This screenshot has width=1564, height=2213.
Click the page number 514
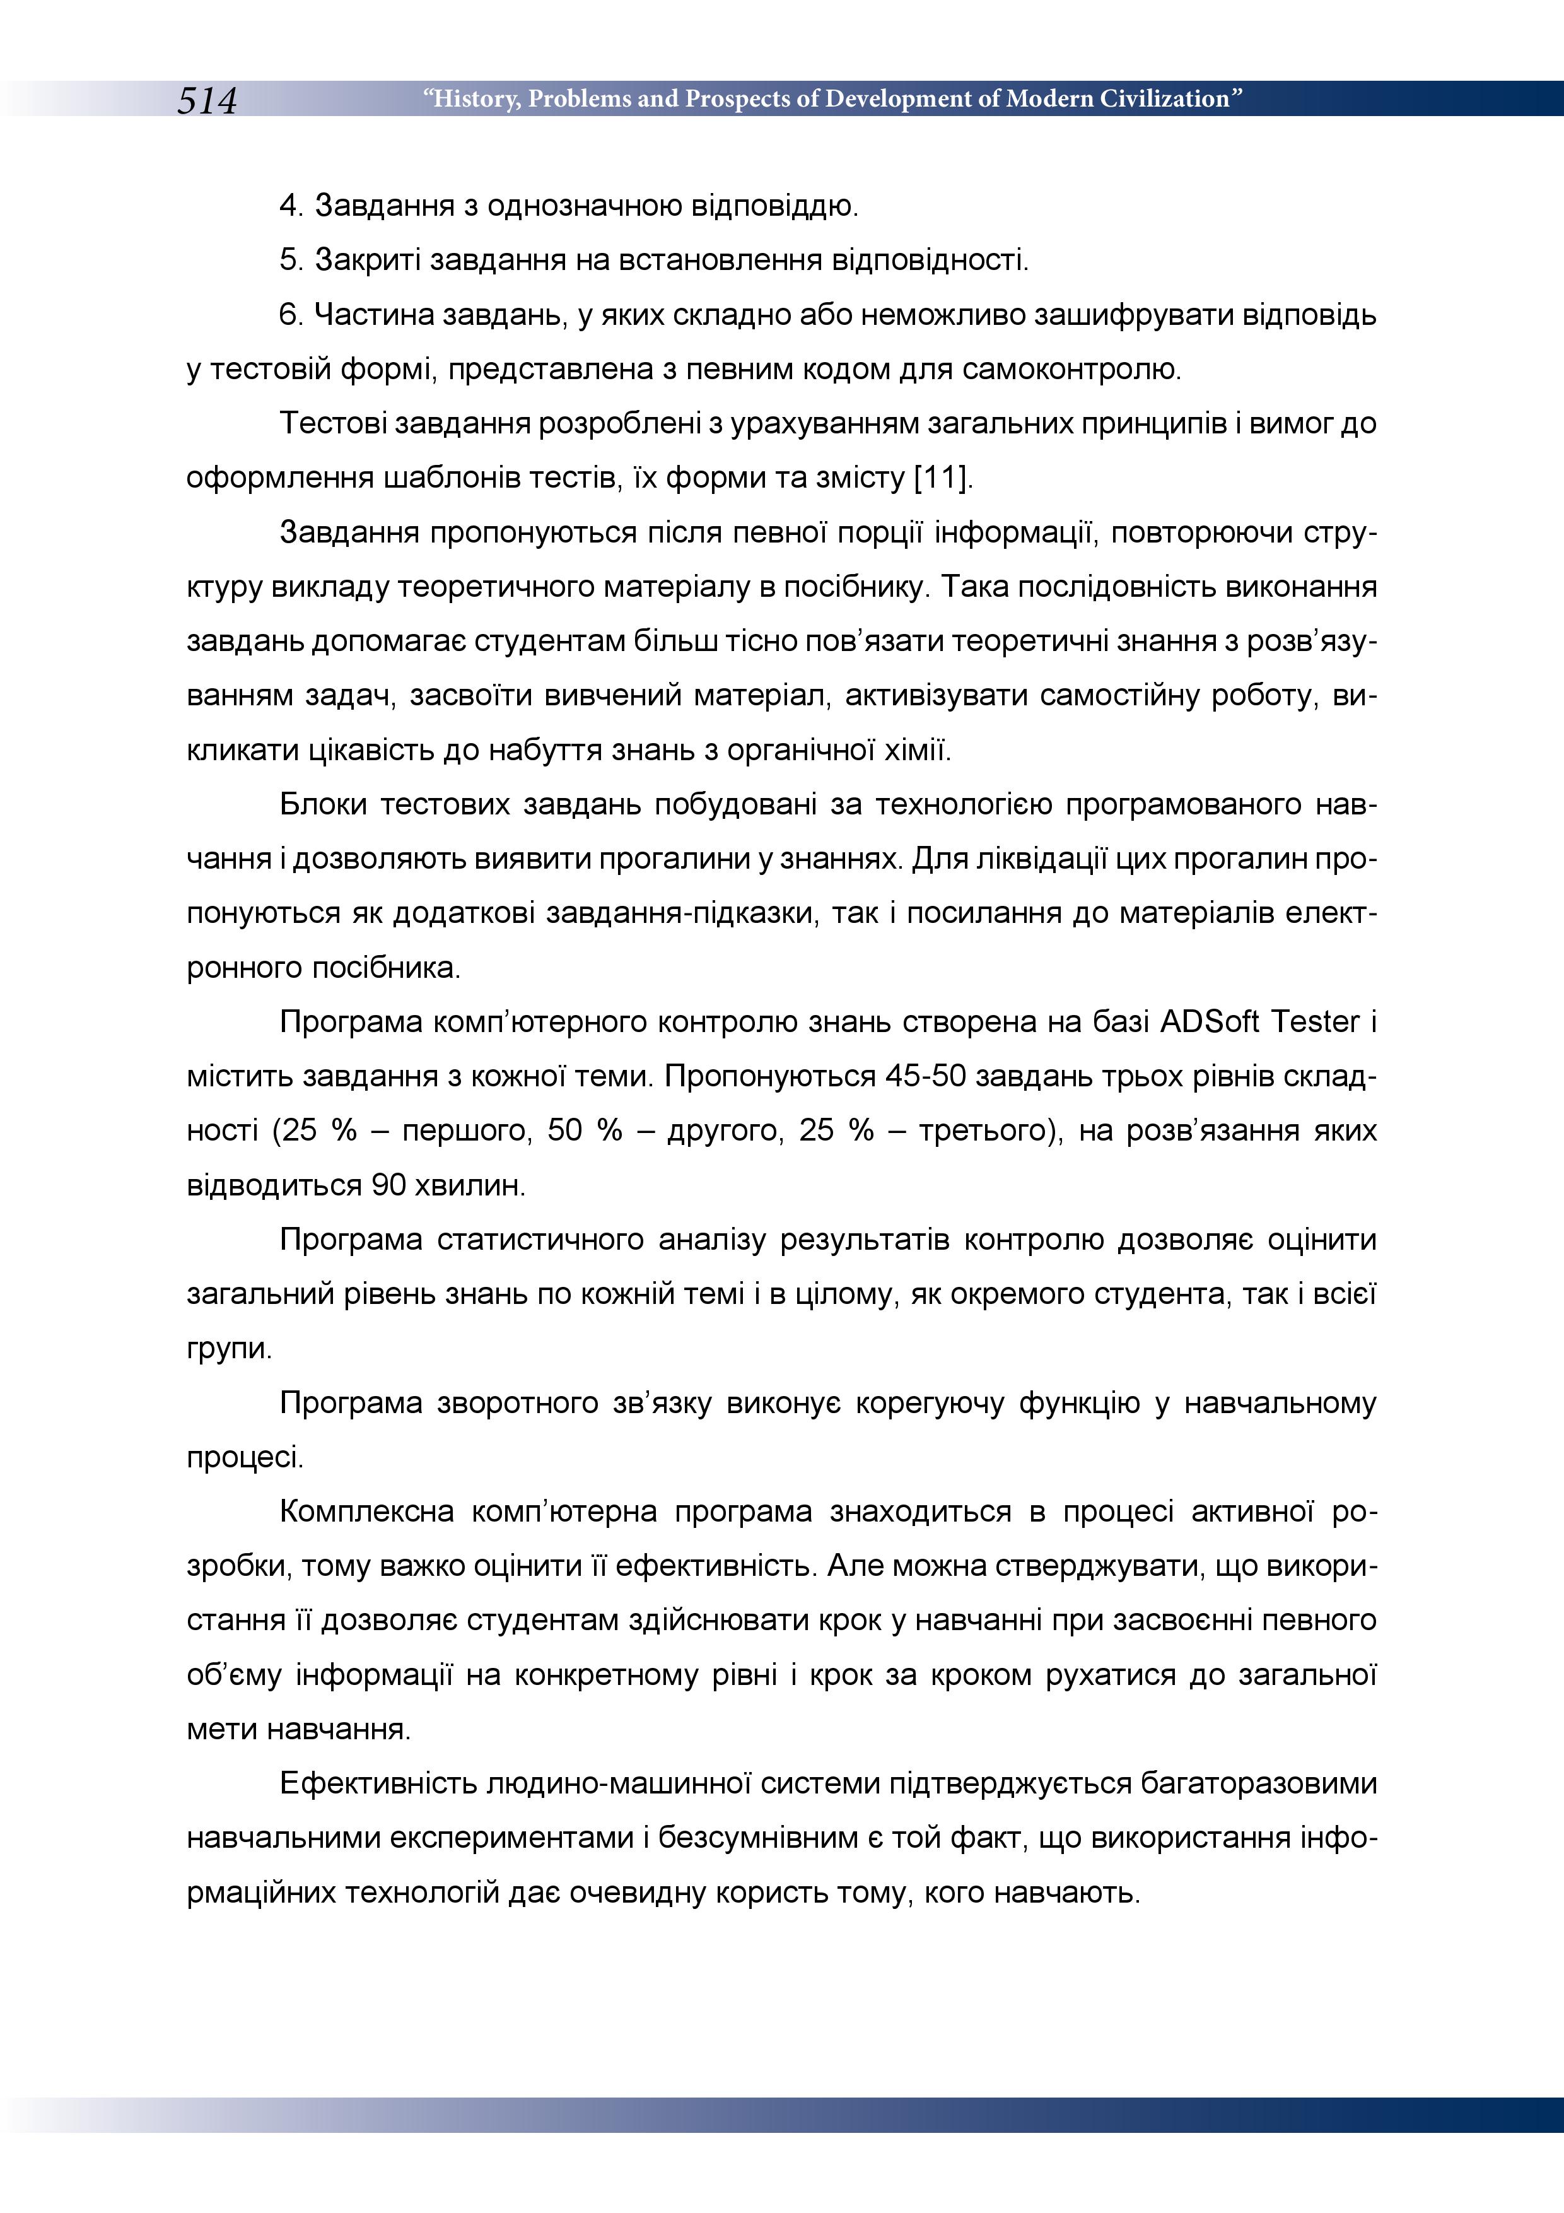coord(206,100)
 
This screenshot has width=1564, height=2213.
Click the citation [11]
coord(942,477)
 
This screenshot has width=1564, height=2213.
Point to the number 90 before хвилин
coord(388,1185)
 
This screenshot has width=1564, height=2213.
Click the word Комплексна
coord(366,1512)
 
